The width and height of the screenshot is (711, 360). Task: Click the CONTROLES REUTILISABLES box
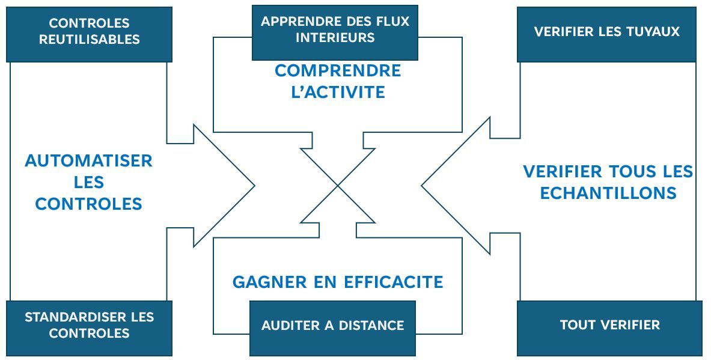pos(89,34)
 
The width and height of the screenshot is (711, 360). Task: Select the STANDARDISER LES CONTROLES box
pos(89,328)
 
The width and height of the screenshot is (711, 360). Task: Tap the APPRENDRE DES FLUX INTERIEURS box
pos(335,32)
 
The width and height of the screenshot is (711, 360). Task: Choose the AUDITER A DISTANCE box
pos(332,328)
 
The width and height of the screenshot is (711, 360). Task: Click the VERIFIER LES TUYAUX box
pos(606,34)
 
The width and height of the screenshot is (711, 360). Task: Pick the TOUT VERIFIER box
pos(609,328)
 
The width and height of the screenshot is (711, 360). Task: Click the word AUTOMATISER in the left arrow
pos(89,161)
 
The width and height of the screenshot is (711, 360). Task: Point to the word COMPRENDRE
pos(338,71)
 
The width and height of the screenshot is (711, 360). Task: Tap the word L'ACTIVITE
pos(338,93)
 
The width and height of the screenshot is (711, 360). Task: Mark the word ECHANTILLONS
pos(608,193)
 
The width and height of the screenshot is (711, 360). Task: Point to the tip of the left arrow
pos(254,186)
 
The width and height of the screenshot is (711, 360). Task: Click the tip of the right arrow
pos(422,186)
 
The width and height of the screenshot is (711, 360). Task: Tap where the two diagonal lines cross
pos(338,186)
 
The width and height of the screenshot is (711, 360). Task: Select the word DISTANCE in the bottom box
pos(375,326)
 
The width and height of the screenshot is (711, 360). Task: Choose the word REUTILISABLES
pos(89,40)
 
